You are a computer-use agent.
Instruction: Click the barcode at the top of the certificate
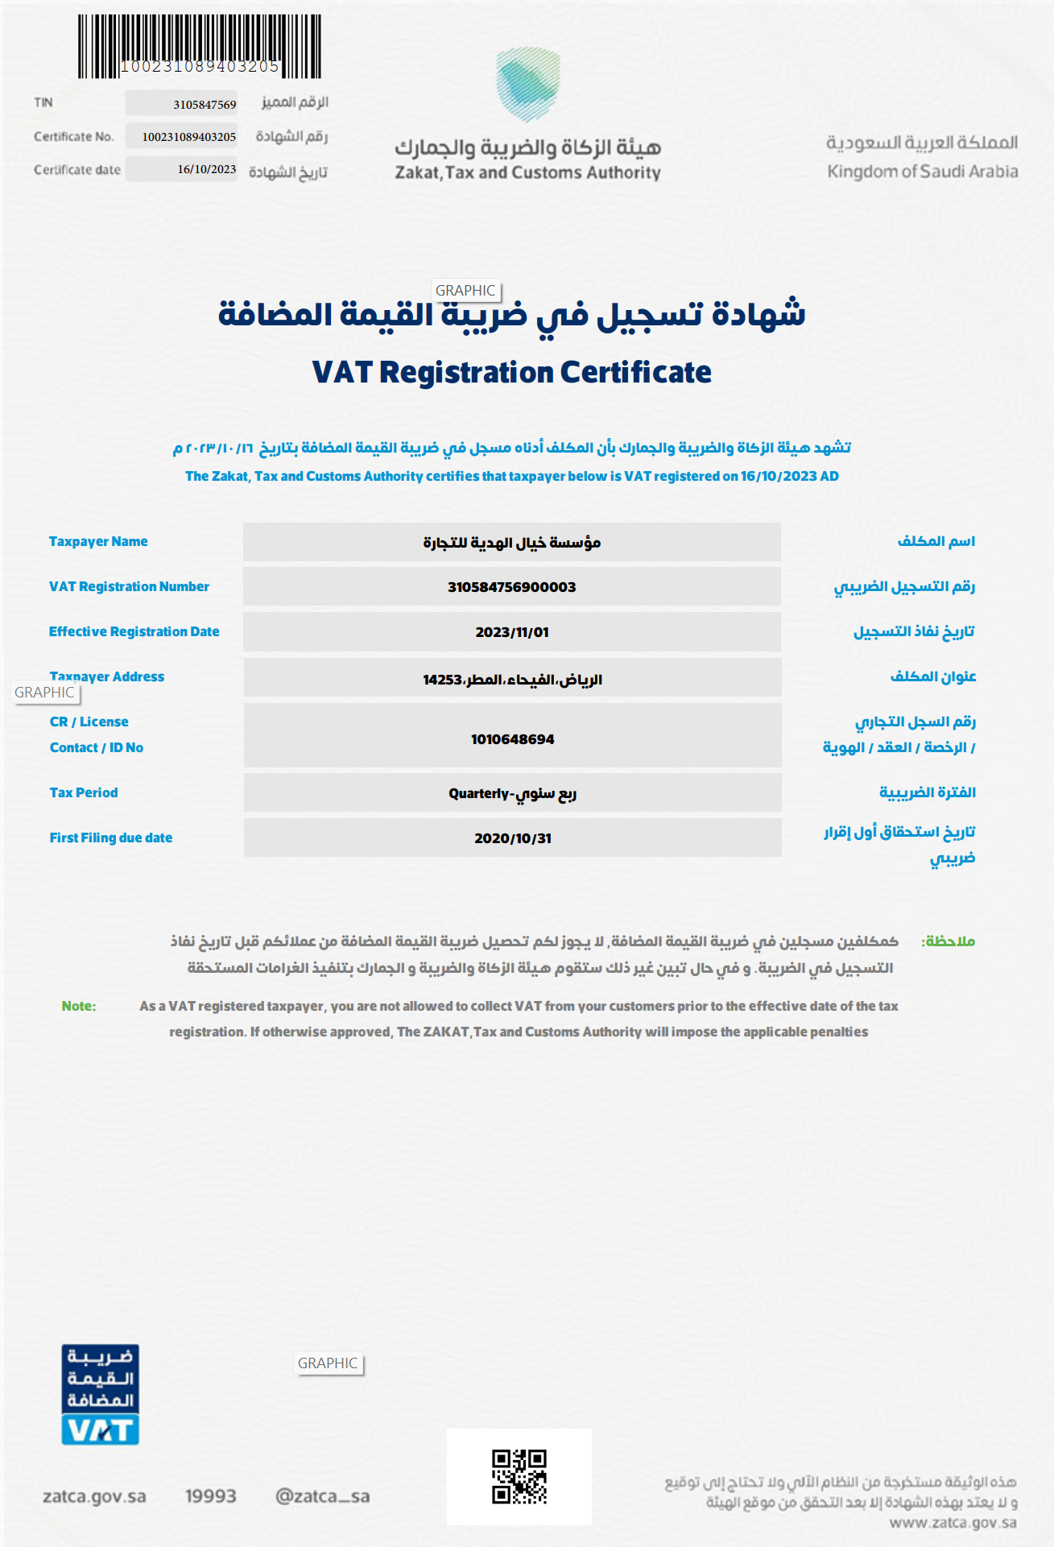[x=199, y=46]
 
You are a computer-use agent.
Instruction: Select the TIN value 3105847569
[x=205, y=105]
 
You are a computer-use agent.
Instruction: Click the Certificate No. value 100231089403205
[x=189, y=137]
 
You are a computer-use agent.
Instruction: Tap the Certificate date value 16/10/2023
[x=207, y=169]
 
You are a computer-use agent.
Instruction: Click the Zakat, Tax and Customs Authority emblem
[x=527, y=84]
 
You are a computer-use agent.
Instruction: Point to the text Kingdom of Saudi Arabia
[x=922, y=172]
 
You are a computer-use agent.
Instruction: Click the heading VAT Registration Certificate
[x=511, y=372]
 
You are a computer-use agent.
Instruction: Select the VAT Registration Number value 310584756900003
[x=512, y=587]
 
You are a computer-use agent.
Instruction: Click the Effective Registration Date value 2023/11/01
[x=512, y=632]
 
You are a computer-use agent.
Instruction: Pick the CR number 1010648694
[x=512, y=739]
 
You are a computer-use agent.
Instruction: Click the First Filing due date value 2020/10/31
[x=513, y=838]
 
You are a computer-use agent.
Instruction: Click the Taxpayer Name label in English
[x=98, y=541]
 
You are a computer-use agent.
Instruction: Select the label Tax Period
[x=84, y=792]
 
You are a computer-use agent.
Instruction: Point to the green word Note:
[x=79, y=1006]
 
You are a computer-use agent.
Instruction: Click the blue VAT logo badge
[x=101, y=1394]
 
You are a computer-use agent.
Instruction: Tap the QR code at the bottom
[x=519, y=1476]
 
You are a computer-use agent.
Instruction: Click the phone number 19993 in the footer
[x=211, y=1496]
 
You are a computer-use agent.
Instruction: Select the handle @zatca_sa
[x=322, y=1496]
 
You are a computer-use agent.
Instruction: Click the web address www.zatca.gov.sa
[x=953, y=1523]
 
